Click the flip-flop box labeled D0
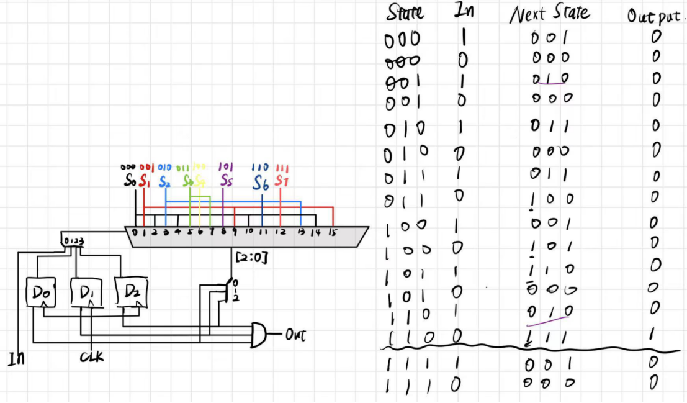point(40,291)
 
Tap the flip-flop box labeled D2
point(131,289)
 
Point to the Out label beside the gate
point(295,335)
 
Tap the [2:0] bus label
point(252,256)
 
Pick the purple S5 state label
point(227,181)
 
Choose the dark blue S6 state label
point(261,182)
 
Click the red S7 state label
point(282,181)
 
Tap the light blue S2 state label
point(164,182)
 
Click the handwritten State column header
point(405,12)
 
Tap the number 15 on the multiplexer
point(333,232)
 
